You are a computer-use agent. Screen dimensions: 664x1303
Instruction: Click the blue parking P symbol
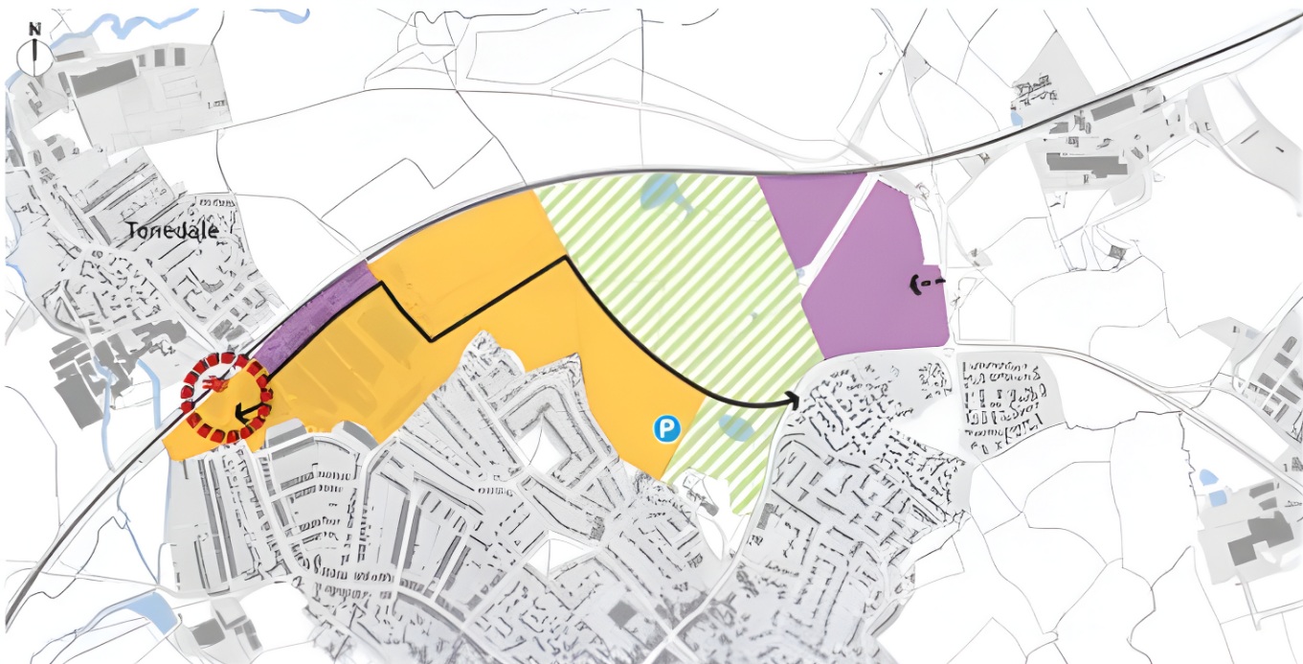pos(666,428)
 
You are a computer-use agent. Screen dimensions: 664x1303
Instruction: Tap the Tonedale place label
pos(172,231)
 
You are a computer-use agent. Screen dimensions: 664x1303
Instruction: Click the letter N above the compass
pos(34,29)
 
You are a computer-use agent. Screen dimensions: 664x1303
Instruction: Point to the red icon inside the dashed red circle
pos(213,384)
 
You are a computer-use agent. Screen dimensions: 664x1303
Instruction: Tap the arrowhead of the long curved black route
pos(794,400)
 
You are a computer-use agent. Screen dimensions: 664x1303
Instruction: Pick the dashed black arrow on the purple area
pos(924,284)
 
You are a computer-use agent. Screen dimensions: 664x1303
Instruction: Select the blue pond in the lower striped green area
pos(735,427)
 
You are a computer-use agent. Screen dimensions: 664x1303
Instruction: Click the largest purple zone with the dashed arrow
pos(876,278)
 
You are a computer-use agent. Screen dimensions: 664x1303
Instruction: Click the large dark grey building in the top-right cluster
pos(1087,162)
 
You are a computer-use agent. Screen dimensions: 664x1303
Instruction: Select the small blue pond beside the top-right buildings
pos(1017,118)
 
